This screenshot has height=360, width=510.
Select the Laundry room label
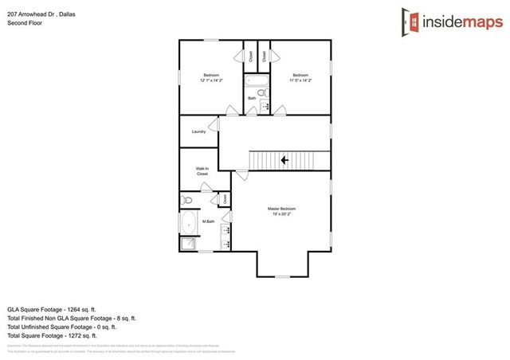[x=199, y=131]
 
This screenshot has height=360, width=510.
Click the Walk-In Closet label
[x=202, y=171]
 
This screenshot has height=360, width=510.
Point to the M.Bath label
[x=209, y=221]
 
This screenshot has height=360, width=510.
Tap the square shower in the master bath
[x=189, y=245]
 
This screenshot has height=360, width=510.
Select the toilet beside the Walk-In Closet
[x=186, y=200]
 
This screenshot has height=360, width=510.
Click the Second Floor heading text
[x=25, y=24]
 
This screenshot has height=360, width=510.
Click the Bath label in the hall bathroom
[x=252, y=98]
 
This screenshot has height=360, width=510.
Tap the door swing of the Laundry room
[x=214, y=124]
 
